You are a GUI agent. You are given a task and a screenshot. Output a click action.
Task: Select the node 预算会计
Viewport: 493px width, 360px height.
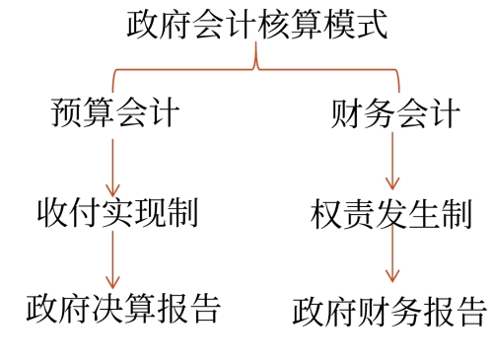pyautogui.click(x=114, y=112)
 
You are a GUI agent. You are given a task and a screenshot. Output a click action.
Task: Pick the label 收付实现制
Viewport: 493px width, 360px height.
pyautogui.click(x=116, y=211)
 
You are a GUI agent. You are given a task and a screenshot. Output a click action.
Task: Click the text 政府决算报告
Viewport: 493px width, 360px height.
pyautogui.click(x=123, y=308)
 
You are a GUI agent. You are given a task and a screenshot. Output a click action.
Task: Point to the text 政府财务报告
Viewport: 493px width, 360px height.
pyautogui.click(x=390, y=311)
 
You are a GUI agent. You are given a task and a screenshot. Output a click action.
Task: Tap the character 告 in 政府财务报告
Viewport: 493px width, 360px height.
pyautogui.click(x=470, y=311)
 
